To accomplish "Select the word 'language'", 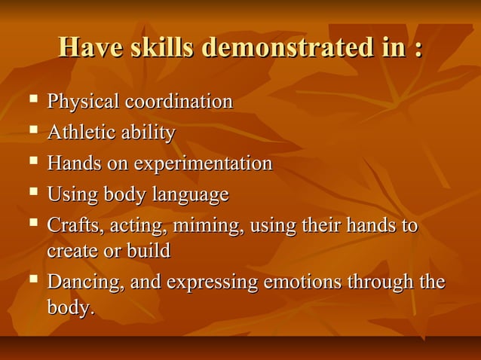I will pyautogui.click(x=191, y=196).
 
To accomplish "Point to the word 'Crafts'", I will pyautogui.click(x=70, y=227).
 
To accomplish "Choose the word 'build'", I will pyautogui.click(x=148, y=250).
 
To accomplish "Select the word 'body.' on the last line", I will pyautogui.click(x=71, y=307).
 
